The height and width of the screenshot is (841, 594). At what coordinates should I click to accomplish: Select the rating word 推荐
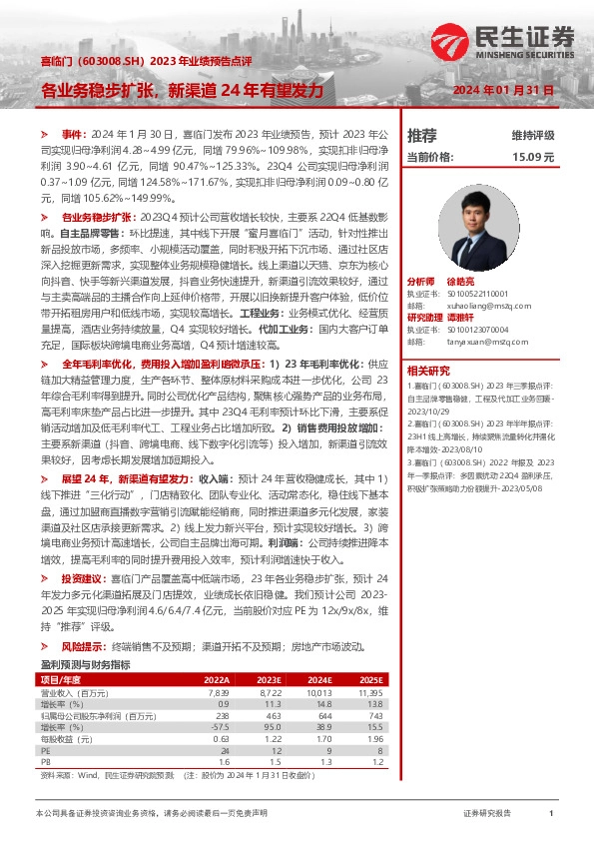coord(422,135)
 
